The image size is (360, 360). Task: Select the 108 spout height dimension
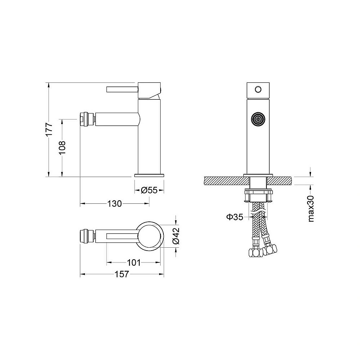click(x=62, y=147)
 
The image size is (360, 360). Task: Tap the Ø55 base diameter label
click(x=149, y=190)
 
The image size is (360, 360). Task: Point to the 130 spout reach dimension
click(x=114, y=203)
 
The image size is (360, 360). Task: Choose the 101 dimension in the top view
click(x=134, y=262)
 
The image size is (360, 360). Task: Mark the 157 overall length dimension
click(x=121, y=274)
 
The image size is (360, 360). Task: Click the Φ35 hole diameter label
click(x=234, y=217)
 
